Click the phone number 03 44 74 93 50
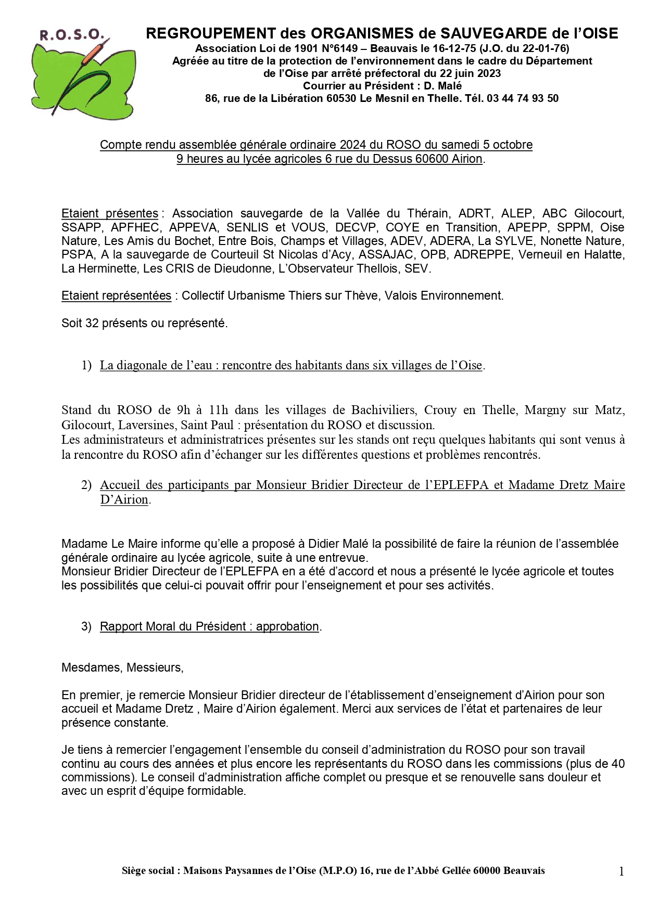tap(522, 98)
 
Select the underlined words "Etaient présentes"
tap(110, 213)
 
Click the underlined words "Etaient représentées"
tap(116, 295)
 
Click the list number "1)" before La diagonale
tap(86, 365)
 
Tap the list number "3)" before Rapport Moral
tap(86, 626)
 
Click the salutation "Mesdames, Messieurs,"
tap(122, 667)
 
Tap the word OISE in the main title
tap(596, 33)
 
